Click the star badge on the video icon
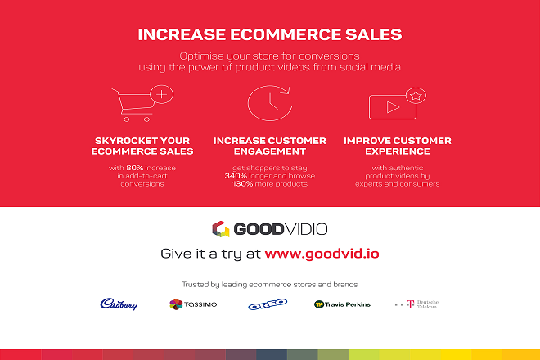coord(416,96)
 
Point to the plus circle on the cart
coord(161,94)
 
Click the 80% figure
coord(134,168)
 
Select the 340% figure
coord(236,176)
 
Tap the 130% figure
coord(242,183)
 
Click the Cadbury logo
coord(119,304)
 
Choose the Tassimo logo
coord(193,304)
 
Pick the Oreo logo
coord(268,304)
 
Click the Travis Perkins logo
coord(342,304)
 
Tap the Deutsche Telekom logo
coord(416,304)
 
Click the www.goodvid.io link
coord(322,254)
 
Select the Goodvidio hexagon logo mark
coord(221,229)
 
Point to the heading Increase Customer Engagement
coord(270,146)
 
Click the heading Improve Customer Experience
coord(398,146)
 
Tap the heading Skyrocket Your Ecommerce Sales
coord(142,146)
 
